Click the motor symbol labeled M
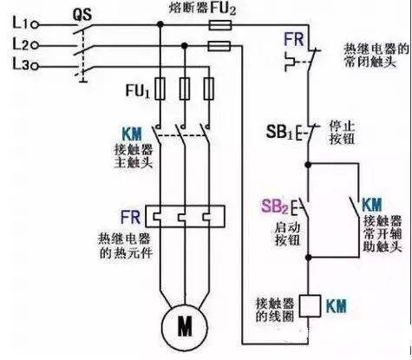(x=184, y=327)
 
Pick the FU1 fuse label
(x=139, y=89)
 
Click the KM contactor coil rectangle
(x=307, y=304)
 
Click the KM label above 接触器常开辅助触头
(x=371, y=205)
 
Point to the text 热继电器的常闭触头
(x=368, y=54)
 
